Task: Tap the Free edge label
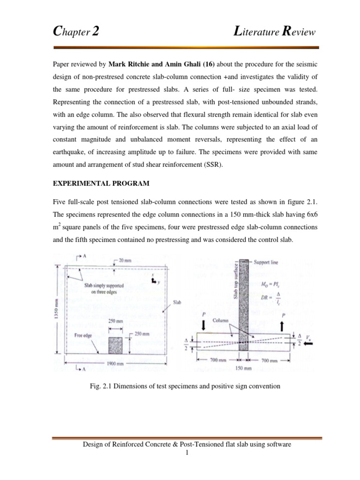point(85,335)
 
